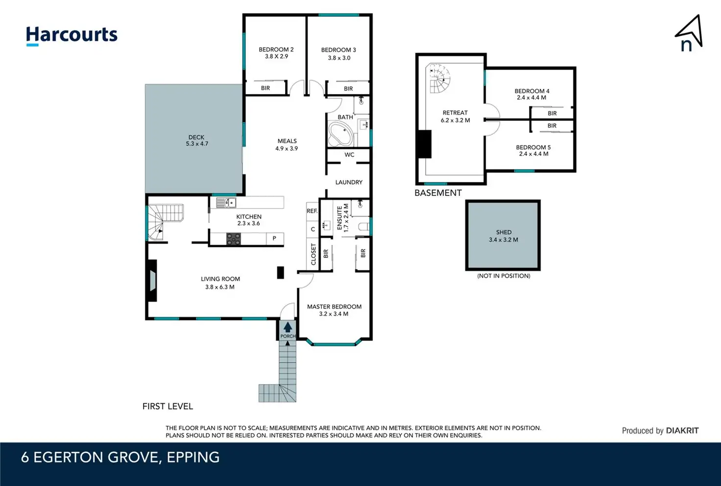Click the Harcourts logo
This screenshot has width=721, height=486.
point(72,35)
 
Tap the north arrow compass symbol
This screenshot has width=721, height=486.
point(689,34)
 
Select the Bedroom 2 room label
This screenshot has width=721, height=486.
point(276,49)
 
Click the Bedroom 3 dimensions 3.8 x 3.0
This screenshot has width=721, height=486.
point(339,58)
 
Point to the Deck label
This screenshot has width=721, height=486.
point(196,137)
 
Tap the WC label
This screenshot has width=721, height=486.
point(349,155)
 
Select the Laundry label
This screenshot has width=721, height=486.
point(349,182)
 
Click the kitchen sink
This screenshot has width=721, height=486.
point(226,203)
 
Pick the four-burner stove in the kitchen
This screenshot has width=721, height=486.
point(233,239)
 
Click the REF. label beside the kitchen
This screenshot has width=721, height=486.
point(312,211)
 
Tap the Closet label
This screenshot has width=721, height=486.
point(313,254)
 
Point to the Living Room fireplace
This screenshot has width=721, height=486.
point(152,281)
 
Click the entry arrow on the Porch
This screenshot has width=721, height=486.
point(288,327)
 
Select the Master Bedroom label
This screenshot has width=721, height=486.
point(334,307)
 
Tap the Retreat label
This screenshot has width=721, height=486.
point(455,113)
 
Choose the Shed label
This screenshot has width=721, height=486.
point(504,232)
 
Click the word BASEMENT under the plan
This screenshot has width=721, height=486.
point(438,193)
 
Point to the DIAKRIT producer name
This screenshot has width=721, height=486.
point(682,431)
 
